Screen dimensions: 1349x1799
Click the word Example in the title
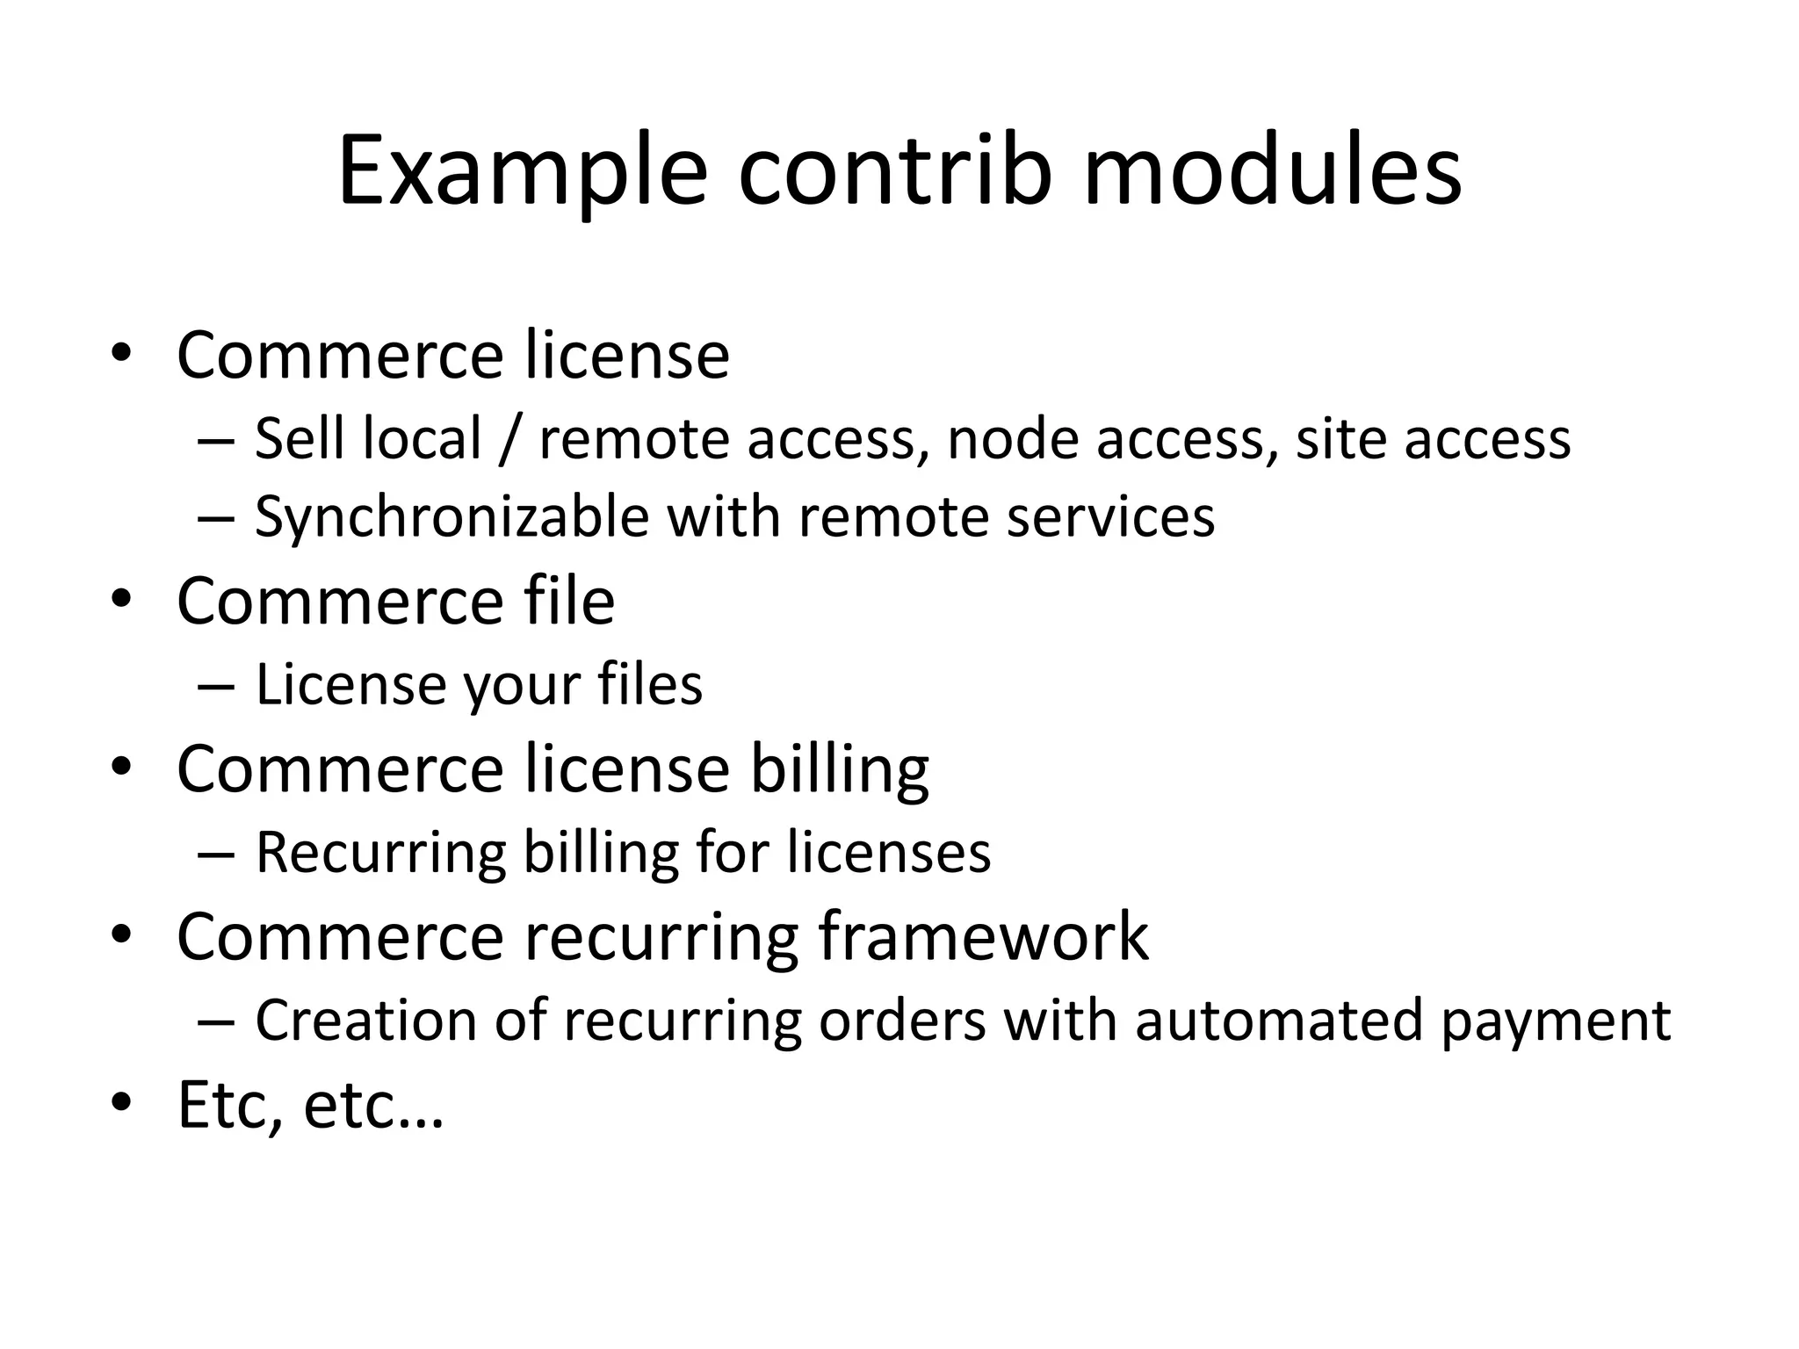[522, 171]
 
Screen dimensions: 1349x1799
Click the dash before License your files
[216, 685]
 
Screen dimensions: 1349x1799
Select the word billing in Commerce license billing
[839, 769]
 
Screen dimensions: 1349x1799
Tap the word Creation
[366, 1021]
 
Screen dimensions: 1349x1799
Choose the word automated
[1278, 1021]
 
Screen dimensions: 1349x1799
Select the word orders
[901, 1021]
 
